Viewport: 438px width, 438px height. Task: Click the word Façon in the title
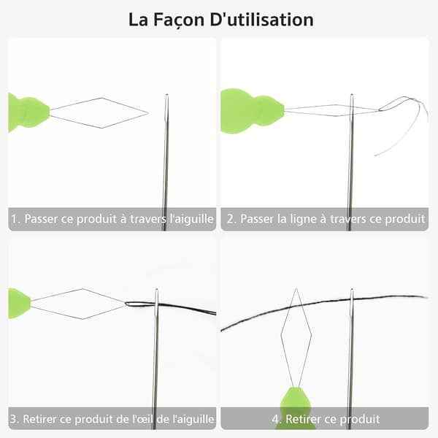pyautogui.click(x=179, y=20)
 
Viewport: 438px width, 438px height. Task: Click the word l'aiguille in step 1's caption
pyautogui.click(x=191, y=219)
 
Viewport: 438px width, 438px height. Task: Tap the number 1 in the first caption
pyautogui.click(x=15, y=219)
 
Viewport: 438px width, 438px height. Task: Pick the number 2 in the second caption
pyautogui.click(x=230, y=219)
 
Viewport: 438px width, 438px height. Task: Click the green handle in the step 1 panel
pyautogui.click(x=28, y=112)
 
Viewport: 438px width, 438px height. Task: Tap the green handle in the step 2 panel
pyautogui.click(x=251, y=111)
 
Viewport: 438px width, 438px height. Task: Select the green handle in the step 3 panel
pyautogui.click(x=19, y=304)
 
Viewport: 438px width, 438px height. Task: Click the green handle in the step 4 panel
pyautogui.click(x=296, y=407)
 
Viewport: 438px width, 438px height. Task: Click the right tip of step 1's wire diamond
pyautogui.click(x=147, y=113)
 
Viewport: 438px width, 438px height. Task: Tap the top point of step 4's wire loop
pyautogui.click(x=296, y=289)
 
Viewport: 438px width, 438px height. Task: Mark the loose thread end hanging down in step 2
pyautogui.click(x=375, y=155)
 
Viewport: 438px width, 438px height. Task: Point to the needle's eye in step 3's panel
pyautogui.click(x=157, y=300)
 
